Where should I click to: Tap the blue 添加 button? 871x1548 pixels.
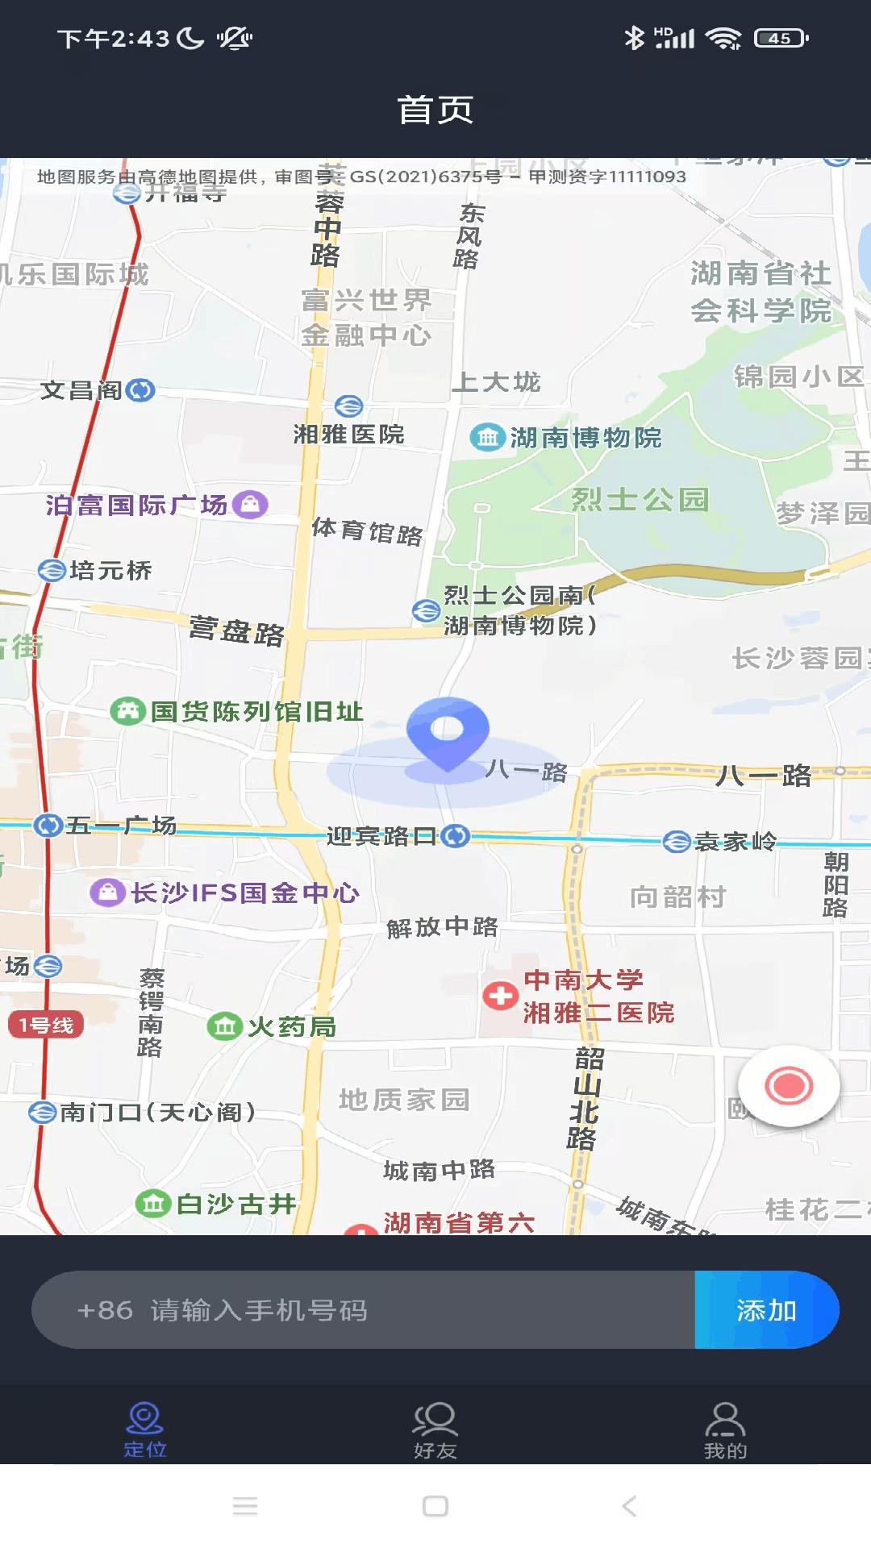(x=766, y=1310)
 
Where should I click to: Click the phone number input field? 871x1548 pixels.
(x=363, y=1310)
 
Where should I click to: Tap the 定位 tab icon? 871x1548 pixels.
(x=145, y=1421)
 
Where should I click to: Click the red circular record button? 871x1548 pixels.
(x=789, y=1086)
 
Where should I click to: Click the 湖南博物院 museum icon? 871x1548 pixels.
(x=487, y=438)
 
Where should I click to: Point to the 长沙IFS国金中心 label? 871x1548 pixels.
(x=244, y=893)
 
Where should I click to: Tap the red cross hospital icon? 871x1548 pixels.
(x=500, y=996)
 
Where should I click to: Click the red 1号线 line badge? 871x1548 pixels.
(x=46, y=1025)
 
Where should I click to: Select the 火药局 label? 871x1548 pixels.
(x=291, y=1027)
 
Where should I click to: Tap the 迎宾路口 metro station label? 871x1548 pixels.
(x=381, y=836)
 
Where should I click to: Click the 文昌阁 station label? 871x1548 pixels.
(x=81, y=390)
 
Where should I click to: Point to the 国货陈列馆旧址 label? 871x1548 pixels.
(x=256, y=711)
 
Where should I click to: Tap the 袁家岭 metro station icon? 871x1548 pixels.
(x=676, y=842)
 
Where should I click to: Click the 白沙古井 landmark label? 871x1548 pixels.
(x=235, y=1204)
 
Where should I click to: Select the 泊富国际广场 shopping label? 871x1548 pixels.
(x=136, y=505)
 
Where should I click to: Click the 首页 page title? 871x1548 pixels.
(x=435, y=110)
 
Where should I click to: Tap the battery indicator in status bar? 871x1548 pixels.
(x=781, y=38)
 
